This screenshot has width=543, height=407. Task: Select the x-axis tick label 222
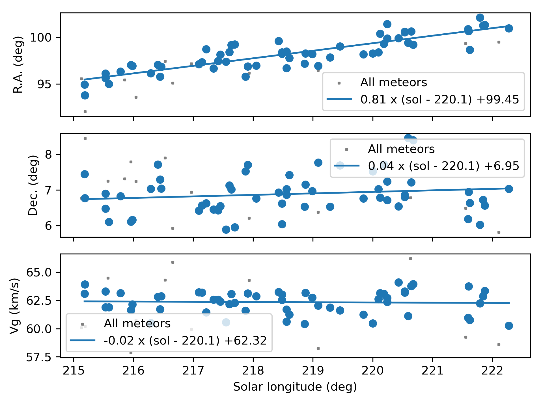point(492,371)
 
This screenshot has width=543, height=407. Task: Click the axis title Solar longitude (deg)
point(295,387)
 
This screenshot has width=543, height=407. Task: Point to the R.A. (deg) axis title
point(18,65)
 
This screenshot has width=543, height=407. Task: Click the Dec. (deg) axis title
point(33,185)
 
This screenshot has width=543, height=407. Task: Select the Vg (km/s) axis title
point(14,306)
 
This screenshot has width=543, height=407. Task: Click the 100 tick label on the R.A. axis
point(41,38)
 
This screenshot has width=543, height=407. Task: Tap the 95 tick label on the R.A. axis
point(45,84)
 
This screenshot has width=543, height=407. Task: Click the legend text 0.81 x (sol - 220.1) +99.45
point(440,99)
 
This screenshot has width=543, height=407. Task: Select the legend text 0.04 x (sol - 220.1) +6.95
point(443,166)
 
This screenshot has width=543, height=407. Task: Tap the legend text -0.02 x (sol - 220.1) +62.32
point(185,341)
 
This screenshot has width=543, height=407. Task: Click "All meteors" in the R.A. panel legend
point(393,82)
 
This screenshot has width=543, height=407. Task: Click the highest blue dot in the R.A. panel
point(480,18)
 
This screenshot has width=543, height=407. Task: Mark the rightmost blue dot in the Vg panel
point(509,326)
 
